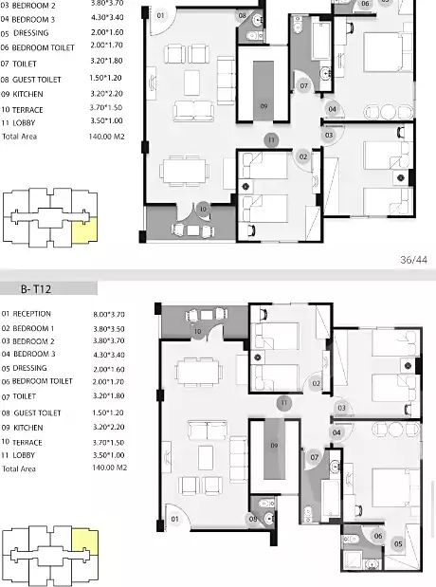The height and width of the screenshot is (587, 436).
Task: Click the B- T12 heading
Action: click(x=36, y=289)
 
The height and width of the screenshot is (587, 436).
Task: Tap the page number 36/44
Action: click(x=413, y=260)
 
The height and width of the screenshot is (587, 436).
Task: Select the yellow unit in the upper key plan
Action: click(x=84, y=230)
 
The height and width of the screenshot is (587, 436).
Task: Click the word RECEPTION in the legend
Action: click(x=32, y=314)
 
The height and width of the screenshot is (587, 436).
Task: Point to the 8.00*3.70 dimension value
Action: click(x=109, y=315)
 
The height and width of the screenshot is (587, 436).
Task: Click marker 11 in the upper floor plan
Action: click(x=271, y=140)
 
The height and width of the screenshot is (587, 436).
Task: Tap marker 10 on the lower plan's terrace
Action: click(x=197, y=331)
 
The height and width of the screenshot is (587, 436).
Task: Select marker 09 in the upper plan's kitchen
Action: click(x=263, y=106)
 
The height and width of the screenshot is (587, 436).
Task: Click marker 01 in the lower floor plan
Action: click(x=174, y=519)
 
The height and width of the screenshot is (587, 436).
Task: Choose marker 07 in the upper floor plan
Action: click(x=304, y=85)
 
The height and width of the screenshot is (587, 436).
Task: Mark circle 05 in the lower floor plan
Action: click(x=398, y=544)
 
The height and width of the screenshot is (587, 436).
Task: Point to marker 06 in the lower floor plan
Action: click(x=378, y=536)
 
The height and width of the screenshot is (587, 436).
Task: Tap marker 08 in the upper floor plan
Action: click(x=243, y=15)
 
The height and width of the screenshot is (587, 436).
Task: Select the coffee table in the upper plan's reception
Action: click(x=191, y=83)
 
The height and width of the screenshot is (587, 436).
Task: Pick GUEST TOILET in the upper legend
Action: click(x=37, y=80)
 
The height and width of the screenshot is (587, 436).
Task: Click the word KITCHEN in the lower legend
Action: click(x=28, y=428)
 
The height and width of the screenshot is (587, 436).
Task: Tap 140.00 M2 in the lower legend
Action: click(x=110, y=468)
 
